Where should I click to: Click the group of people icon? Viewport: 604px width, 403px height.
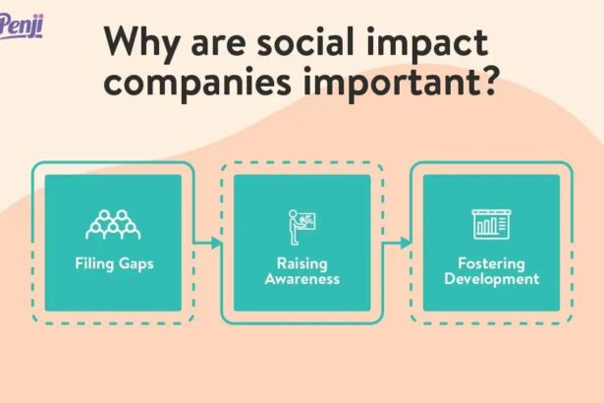[113, 225]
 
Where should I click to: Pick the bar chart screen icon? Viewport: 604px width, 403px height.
[491, 224]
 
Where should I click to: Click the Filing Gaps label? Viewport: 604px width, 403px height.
[113, 263]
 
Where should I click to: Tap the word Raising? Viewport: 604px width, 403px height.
[302, 263]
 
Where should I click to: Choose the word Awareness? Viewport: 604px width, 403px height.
[302, 278]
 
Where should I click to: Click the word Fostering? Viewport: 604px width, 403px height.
[491, 263]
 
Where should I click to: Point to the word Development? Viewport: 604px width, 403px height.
[491, 278]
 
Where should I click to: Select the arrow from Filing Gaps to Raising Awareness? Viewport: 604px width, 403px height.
[207, 242]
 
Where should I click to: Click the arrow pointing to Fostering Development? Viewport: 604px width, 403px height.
[397, 242]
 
